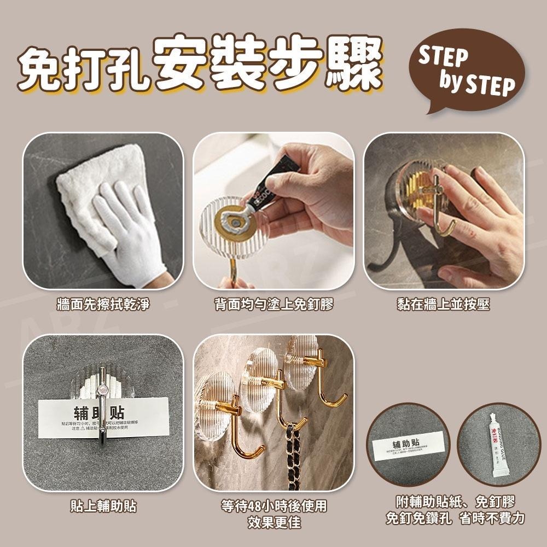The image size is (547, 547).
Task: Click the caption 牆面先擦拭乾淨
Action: (103, 304)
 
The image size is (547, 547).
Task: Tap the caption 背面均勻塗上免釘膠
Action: (273, 304)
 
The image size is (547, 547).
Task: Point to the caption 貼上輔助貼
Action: (103, 506)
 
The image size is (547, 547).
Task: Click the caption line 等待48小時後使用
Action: (273, 506)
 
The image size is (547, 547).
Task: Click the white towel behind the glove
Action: (82, 197)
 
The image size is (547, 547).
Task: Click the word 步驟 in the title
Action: (328, 66)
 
